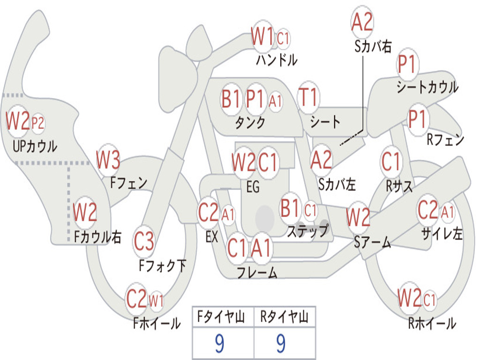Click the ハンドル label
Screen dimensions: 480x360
(x=277, y=60)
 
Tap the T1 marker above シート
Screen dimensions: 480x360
(x=308, y=97)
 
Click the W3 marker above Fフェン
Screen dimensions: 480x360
(x=108, y=160)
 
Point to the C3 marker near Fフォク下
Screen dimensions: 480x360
(x=144, y=241)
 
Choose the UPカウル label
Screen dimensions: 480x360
(x=35, y=146)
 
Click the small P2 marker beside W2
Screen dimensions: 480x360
(x=38, y=123)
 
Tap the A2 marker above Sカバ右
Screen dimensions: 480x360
(x=362, y=22)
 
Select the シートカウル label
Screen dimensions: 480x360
(x=427, y=87)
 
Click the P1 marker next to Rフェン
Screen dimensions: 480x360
(x=418, y=119)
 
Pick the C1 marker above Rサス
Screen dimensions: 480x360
(x=391, y=161)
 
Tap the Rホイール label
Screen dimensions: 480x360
(x=432, y=323)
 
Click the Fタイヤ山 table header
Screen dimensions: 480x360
(x=221, y=316)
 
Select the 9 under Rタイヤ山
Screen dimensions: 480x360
(x=281, y=343)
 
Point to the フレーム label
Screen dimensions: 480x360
(x=257, y=272)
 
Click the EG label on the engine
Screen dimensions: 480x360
(x=253, y=186)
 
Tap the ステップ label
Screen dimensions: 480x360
(x=307, y=231)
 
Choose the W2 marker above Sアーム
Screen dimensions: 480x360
(x=358, y=217)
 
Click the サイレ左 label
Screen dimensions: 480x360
(x=442, y=233)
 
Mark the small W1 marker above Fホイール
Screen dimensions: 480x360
(x=156, y=300)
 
